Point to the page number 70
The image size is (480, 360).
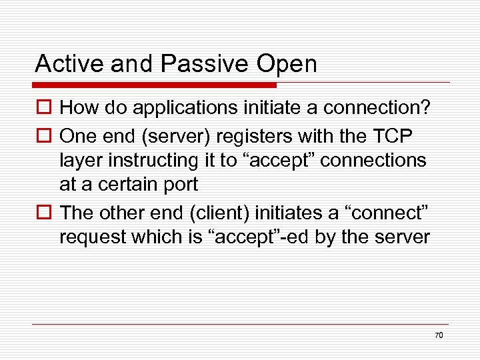coord(438,335)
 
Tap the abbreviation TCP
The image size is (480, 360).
coord(394,135)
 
